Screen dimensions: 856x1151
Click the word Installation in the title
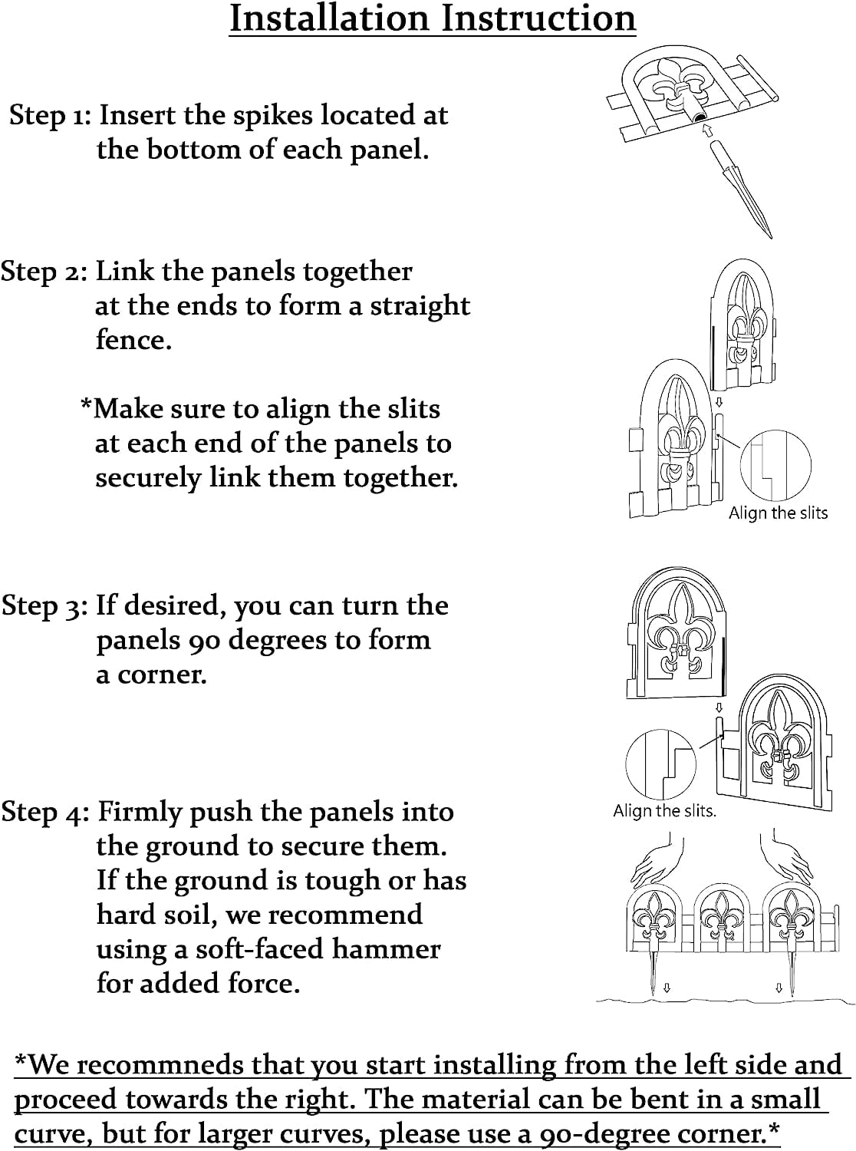[329, 18]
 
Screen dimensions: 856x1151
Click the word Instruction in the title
[538, 18]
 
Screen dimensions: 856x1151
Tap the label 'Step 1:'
[51, 116]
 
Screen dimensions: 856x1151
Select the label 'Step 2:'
[44, 272]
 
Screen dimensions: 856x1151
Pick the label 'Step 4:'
[45, 812]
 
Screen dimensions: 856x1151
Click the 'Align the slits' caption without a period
[778, 513]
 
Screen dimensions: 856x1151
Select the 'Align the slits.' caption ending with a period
[664, 810]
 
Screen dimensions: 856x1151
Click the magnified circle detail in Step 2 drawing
[775, 466]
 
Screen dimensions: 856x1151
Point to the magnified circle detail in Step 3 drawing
[661, 764]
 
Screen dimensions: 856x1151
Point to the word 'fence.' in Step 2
[134, 341]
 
